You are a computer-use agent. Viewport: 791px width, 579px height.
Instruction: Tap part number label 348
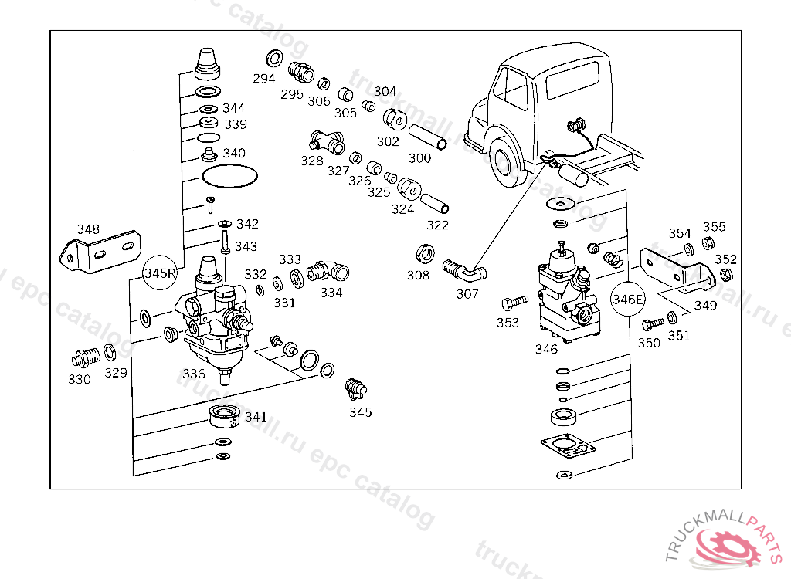(88, 229)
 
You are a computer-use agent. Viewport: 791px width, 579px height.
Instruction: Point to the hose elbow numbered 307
(462, 271)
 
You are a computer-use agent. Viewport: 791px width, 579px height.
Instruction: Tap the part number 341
(256, 417)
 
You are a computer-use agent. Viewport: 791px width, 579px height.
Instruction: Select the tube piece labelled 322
(435, 205)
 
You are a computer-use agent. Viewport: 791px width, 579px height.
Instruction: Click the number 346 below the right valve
(546, 349)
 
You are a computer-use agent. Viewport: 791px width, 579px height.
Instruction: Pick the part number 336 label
(194, 374)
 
